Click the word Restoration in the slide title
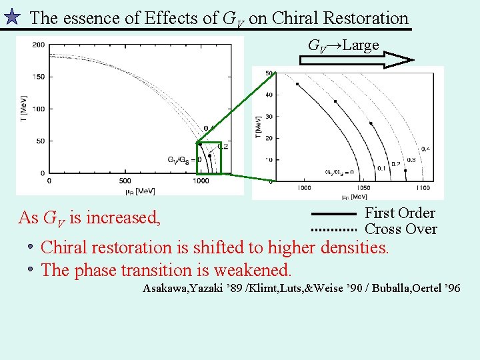click(x=364, y=18)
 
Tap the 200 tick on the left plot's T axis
click(x=38, y=45)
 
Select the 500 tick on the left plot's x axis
click(x=125, y=180)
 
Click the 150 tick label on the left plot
click(x=38, y=77)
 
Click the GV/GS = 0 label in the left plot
click(x=183, y=160)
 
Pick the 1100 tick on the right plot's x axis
click(x=423, y=188)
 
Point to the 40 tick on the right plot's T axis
click(x=269, y=95)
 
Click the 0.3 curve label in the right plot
click(x=411, y=160)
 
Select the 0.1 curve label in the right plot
click(x=381, y=168)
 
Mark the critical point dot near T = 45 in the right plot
click(x=297, y=84)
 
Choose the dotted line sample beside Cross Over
click(x=335, y=229)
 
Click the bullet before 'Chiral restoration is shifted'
click(x=31, y=248)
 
